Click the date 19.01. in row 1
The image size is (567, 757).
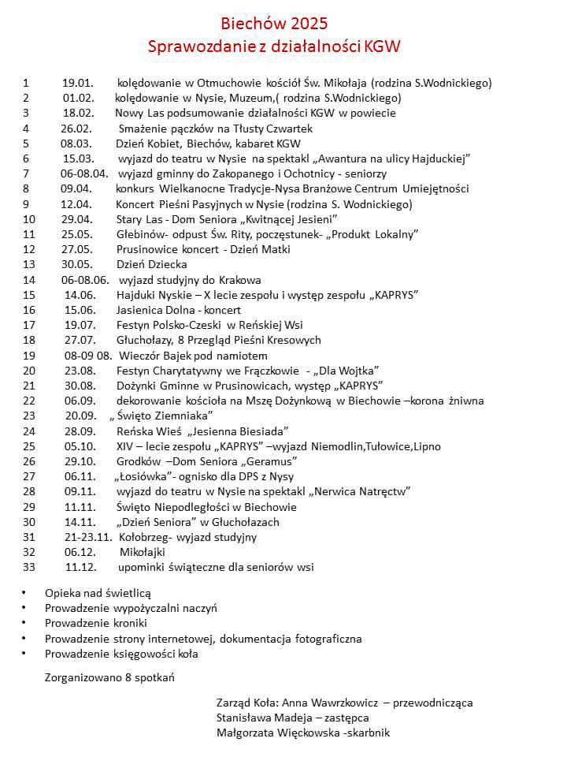78,83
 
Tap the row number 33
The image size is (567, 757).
30,567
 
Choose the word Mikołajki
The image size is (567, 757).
142,552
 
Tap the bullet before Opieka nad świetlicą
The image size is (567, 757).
24,592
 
